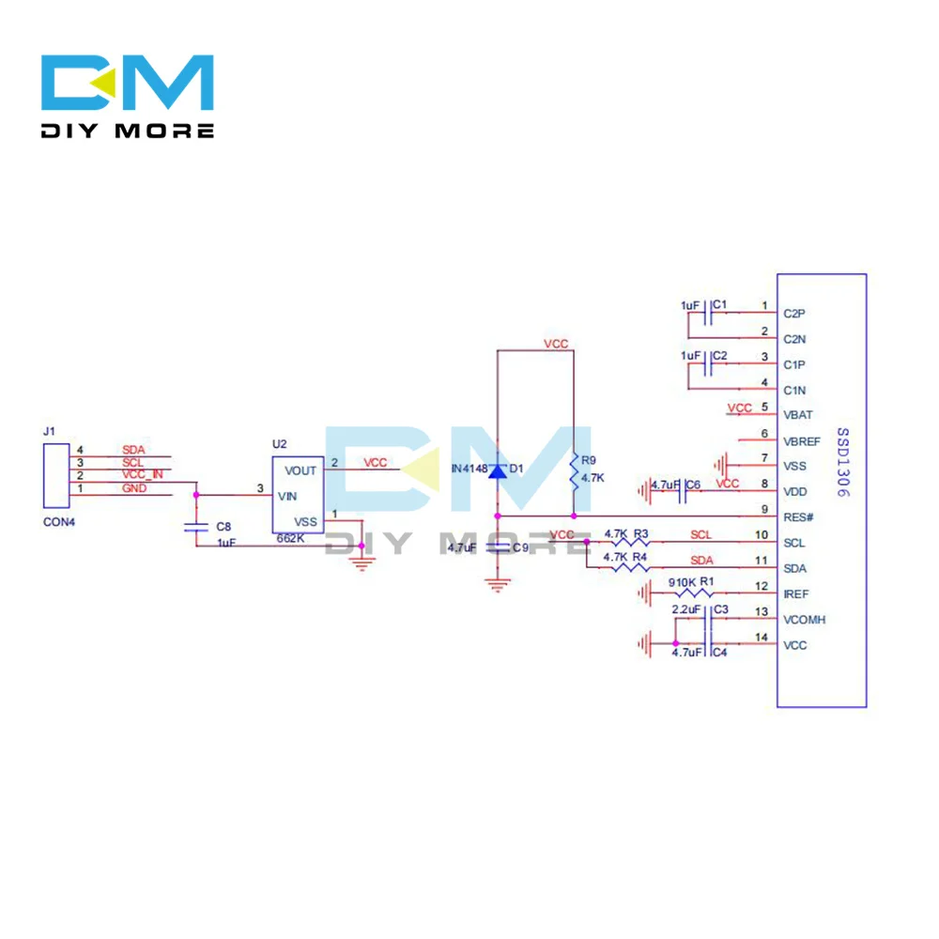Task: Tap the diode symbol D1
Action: [x=498, y=469]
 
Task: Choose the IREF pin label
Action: [x=795, y=594]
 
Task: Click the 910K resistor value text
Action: [x=681, y=583]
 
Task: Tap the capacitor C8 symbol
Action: [x=195, y=528]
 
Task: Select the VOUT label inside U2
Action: [x=300, y=470]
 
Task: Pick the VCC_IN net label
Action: [x=143, y=475]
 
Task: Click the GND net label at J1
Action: [x=134, y=488]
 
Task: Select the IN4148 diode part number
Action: [x=469, y=469]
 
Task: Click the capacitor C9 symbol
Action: [x=498, y=546]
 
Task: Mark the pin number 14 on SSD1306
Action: [x=762, y=639]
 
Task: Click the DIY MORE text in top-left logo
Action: [x=128, y=131]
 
